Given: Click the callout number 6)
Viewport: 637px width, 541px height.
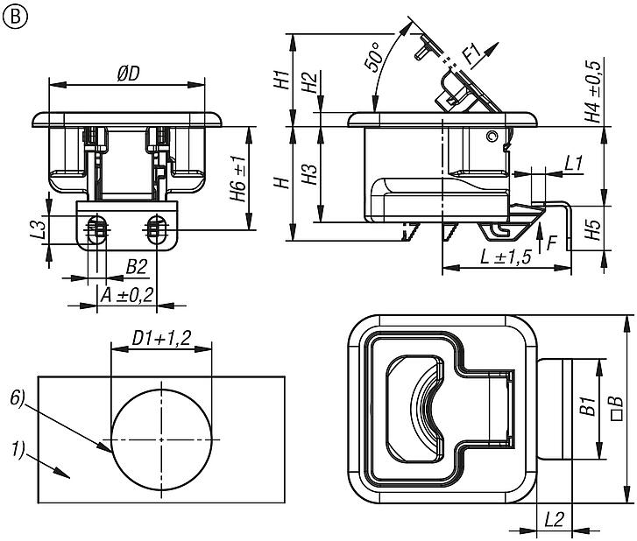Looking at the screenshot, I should point(18,398).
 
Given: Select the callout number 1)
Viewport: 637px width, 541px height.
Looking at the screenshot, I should point(18,451).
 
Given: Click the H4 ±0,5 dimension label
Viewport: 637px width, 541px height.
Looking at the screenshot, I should point(592,91).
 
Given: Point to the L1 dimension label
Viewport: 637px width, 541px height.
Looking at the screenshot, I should point(574,162).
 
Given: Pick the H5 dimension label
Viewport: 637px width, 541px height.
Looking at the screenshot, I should point(593,229).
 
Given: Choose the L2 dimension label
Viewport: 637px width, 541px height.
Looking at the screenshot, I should point(554,518).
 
